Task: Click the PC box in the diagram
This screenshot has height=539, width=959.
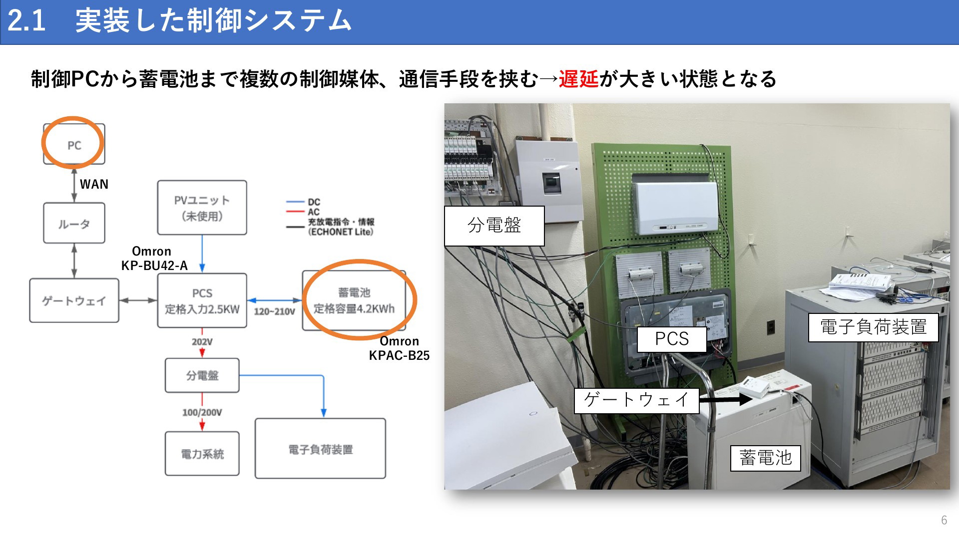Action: click(x=74, y=144)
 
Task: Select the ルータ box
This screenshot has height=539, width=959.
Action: click(x=74, y=223)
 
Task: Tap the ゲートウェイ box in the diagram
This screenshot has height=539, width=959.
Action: click(x=74, y=300)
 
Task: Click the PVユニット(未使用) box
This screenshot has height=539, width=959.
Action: click(x=202, y=208)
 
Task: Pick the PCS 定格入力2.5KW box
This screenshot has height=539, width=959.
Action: click(x=202, y=300)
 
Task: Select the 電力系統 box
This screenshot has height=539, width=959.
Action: click(x=202, y=454)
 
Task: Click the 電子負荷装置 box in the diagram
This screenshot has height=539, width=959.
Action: click(x=320, y=449)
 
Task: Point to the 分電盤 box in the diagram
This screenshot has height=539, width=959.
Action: click(x=202, y=375)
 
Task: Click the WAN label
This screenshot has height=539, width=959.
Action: click(x=94, y=184)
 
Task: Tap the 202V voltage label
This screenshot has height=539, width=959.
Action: click(x=202, y=342)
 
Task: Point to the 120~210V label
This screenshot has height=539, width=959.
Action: click(x=275, y=311)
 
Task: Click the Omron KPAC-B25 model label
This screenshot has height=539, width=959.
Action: click(x=399, y=348)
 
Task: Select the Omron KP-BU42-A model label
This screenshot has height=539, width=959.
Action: click(x=154, y=259)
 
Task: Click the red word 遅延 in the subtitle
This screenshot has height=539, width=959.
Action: click(x=578, y=79)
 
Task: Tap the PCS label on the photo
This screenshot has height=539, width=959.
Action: click(x=672, y=339)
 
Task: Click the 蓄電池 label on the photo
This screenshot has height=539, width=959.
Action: click(x=766, y=458)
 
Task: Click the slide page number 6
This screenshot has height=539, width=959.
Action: click(x=944, y=520)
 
